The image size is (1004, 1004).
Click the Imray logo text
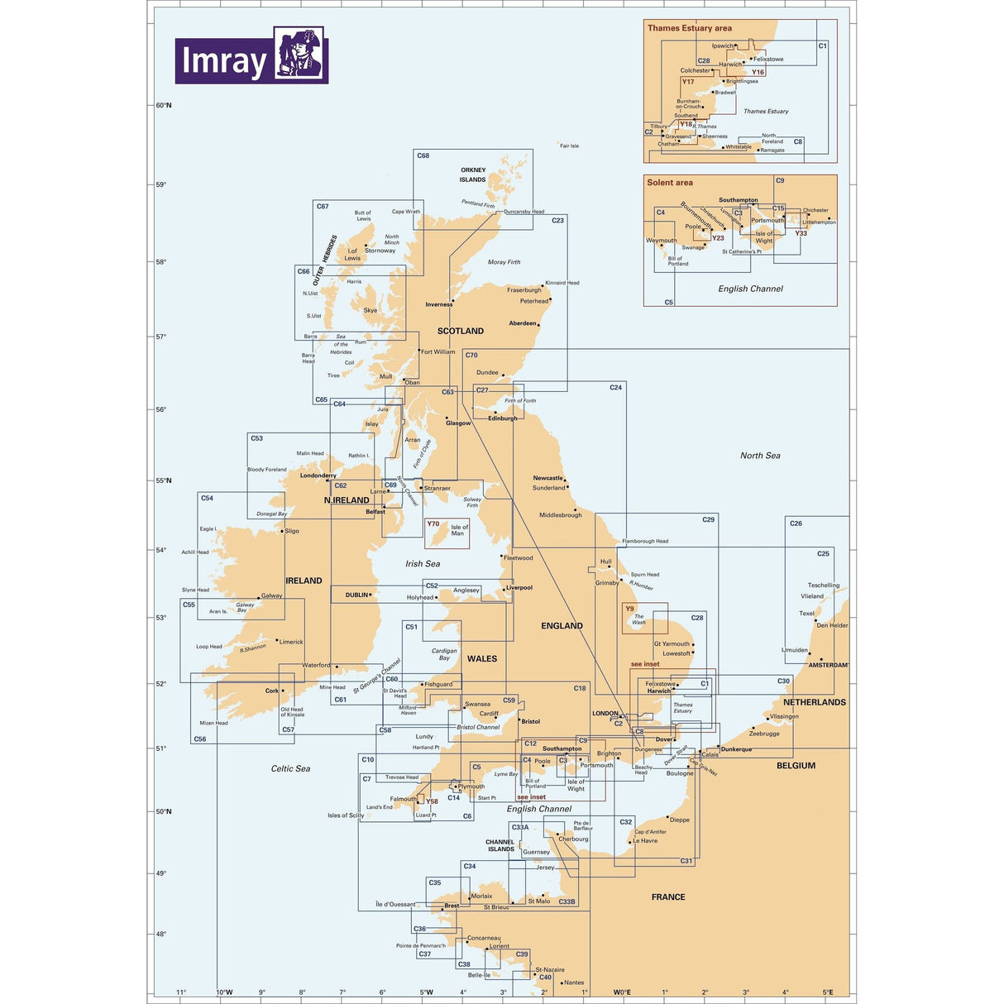[223, 61]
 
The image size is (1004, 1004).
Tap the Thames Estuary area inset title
[689, 28]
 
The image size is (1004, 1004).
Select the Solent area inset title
[670, 183]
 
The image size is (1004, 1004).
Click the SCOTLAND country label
[461, 331]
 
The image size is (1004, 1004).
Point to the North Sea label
[760, 456]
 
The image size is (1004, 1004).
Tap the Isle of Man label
[459, 530]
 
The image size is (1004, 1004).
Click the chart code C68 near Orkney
[423, 155]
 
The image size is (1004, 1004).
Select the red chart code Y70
[433, 524]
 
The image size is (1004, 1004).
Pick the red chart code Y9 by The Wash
[629, 609]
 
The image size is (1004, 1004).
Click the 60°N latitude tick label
[164, 105]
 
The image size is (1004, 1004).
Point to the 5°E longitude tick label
[827, 992]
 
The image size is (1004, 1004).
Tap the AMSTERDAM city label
[828, 665]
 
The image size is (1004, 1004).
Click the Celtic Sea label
[290, 768]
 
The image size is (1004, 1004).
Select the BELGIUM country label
[796, 766]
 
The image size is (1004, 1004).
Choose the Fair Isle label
[569, 146]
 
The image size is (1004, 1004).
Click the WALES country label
[482, 659]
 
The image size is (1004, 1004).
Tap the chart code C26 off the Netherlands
[796, 524]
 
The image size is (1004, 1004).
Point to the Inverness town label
[439, 304]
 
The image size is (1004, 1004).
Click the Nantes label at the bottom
[574, 982]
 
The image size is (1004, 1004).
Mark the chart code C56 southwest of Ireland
[200, 739]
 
